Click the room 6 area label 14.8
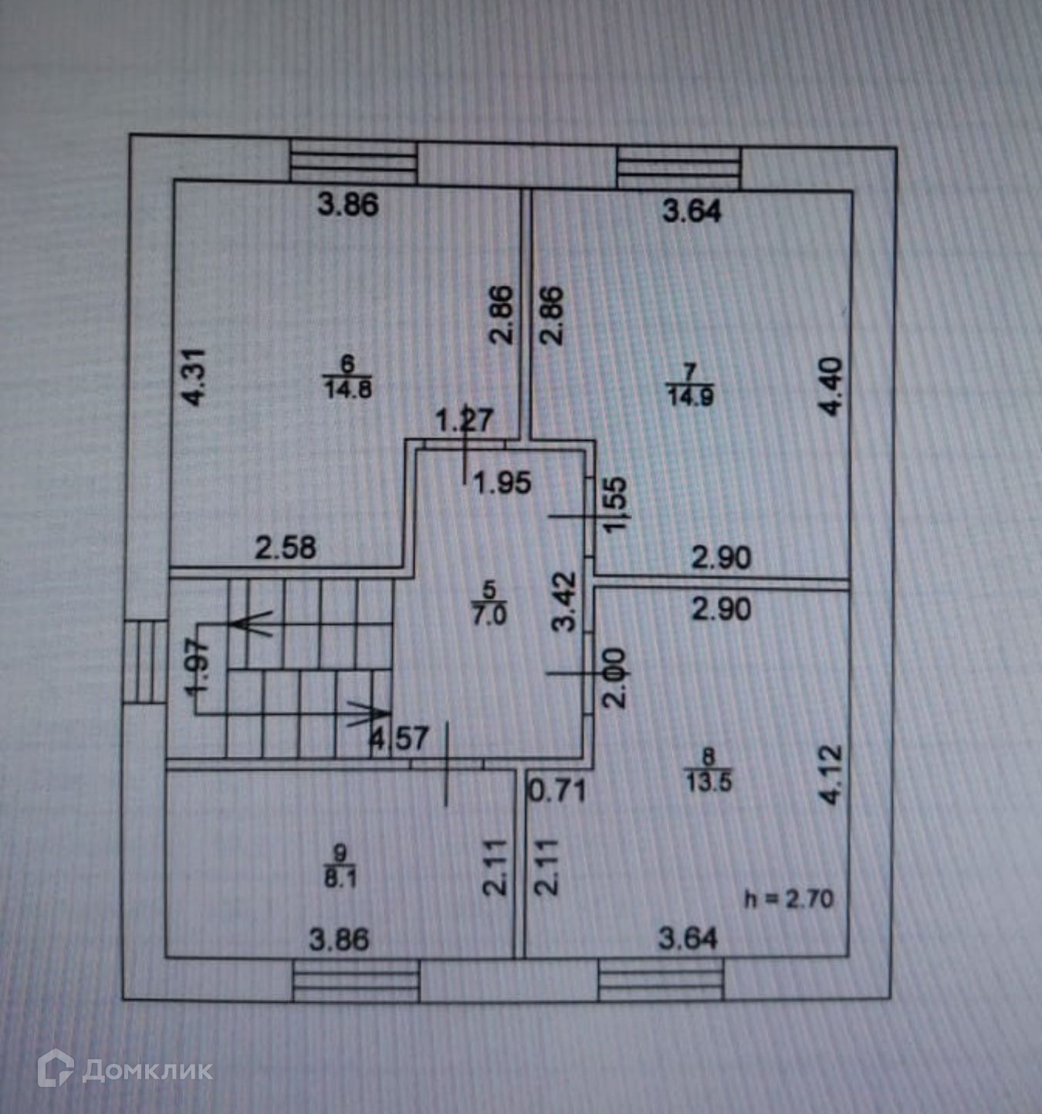[348, 389]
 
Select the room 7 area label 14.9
[690, 397]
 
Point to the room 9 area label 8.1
[340, 877]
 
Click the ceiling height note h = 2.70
[789, 899]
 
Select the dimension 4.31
[197, 377]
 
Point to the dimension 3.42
[563, 601]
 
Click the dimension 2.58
[286, 547]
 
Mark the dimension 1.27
[465, 420]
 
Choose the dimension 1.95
[502, 483]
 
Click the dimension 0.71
[557, 791]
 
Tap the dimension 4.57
[399, 738]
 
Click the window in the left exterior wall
[144, 661]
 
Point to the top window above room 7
[678, 168]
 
